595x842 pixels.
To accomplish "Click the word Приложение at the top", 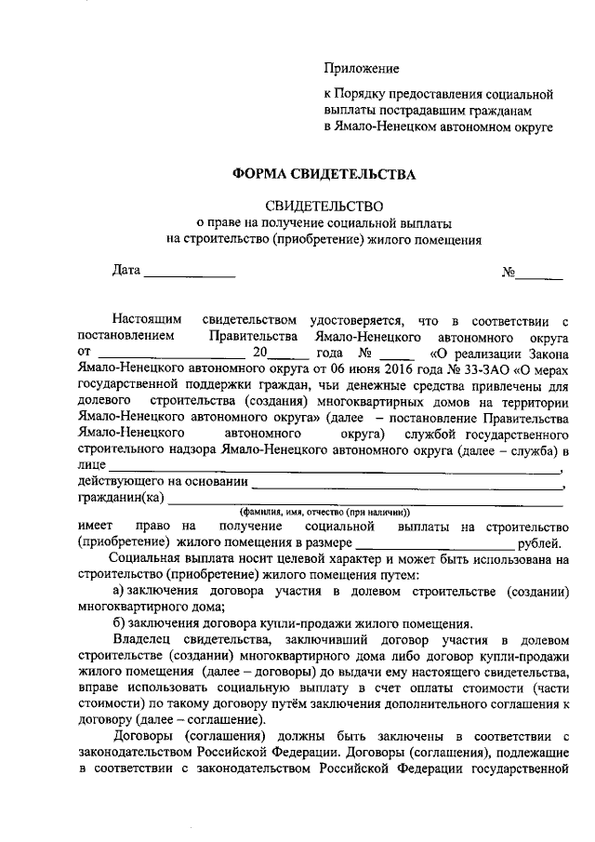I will pyautogui.click(x=362, y=69).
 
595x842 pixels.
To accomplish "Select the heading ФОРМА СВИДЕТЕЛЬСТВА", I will pyautogui.click(x=324, y=174).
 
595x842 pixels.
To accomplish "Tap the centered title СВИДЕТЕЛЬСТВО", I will pyautogui.click(x=324, y=206).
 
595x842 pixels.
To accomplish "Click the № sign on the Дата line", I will pyautogui.click(x=509, y=273).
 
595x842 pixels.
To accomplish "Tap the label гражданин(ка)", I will pyautogui.click(x=121, y=497).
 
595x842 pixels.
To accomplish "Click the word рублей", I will pyautogui.click(x=539, y=543).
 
